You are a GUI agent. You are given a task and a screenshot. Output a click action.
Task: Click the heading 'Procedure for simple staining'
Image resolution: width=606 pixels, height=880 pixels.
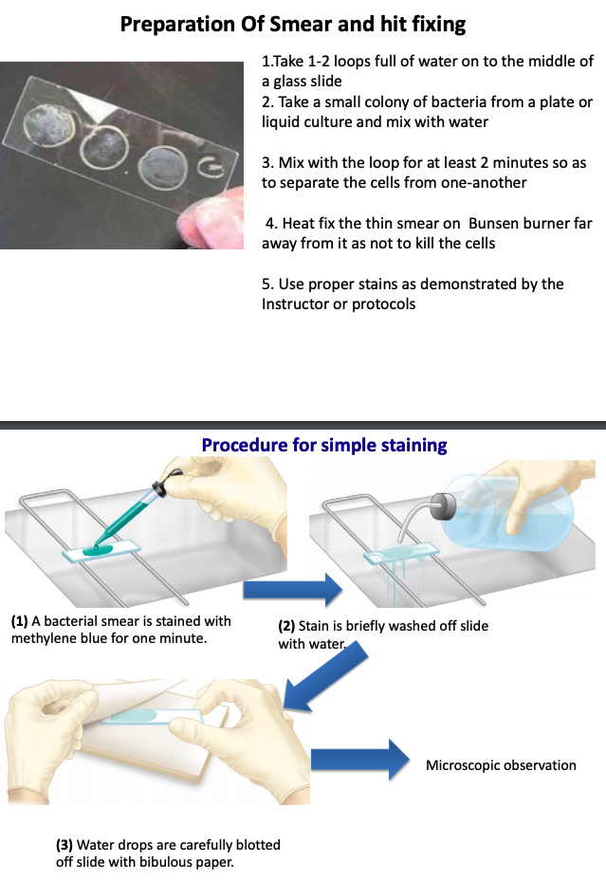click(x=324, y=445)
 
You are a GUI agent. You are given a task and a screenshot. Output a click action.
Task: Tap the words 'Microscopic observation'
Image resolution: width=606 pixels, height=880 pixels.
click(x=501, y=765)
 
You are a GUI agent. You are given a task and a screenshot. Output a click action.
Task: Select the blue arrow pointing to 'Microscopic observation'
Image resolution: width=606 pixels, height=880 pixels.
click(x=360, y=760)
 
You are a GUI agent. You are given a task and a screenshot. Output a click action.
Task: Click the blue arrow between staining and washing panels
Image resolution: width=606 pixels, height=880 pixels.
click(x=292, y=589)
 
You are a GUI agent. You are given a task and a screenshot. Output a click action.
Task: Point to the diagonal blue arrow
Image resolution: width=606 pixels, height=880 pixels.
click(x=325, y=677)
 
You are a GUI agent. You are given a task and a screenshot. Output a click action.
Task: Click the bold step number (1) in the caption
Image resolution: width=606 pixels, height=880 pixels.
click(x=20, y=621)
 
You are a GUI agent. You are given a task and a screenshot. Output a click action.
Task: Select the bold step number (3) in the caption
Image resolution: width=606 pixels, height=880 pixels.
click(x=64, y=845)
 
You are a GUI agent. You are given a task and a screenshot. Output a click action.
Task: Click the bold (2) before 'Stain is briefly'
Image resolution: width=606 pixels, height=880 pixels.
click(x=286, y=626)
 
